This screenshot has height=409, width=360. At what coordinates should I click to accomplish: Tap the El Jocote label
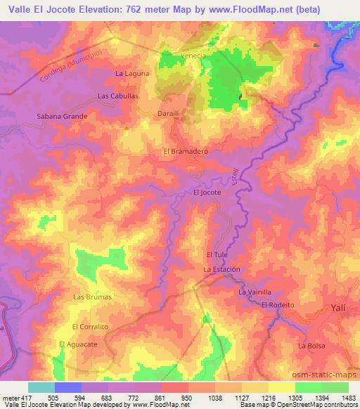[x=207, y=192]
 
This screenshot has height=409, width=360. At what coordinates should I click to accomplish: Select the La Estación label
[x=222, y=269]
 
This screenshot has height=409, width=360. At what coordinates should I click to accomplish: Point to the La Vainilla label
[x=255, y=292]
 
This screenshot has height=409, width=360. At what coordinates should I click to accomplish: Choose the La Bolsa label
[x=311, y=346]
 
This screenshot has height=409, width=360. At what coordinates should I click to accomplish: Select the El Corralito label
[x=90, y=327]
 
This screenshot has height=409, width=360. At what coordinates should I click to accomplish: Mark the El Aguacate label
[x=76, y=344]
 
